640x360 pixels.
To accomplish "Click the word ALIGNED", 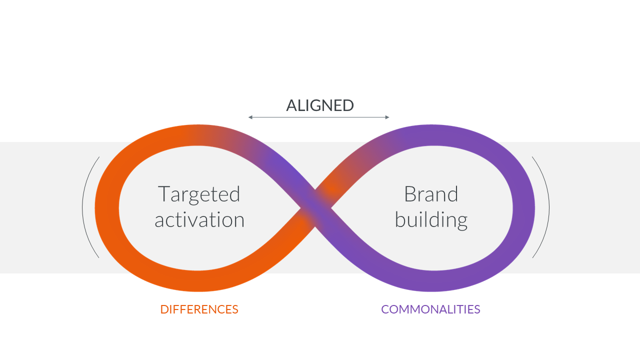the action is coord(320,105).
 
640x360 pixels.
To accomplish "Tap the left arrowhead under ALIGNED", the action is coord(250,117).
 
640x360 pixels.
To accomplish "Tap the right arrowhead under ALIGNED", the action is coord(387,117).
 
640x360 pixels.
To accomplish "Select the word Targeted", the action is coord(199,195).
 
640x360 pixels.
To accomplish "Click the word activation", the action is coord(199,219).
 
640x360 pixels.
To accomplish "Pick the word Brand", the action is coord(431,194).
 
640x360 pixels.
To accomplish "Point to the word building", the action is coord(431,220).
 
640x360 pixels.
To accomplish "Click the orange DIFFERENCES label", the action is coord(199,309).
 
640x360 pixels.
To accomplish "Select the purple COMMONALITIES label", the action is coord(430,309).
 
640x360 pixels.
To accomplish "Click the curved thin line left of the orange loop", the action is coord(82,207).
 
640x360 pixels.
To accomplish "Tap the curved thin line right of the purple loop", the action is coord(549,207).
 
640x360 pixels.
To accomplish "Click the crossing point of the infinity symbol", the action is coord(315,208).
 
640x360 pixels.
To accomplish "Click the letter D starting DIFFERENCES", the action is coord(164,309).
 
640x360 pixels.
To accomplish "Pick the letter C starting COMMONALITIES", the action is coord(385,309).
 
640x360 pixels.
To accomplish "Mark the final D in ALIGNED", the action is coord(348,105).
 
